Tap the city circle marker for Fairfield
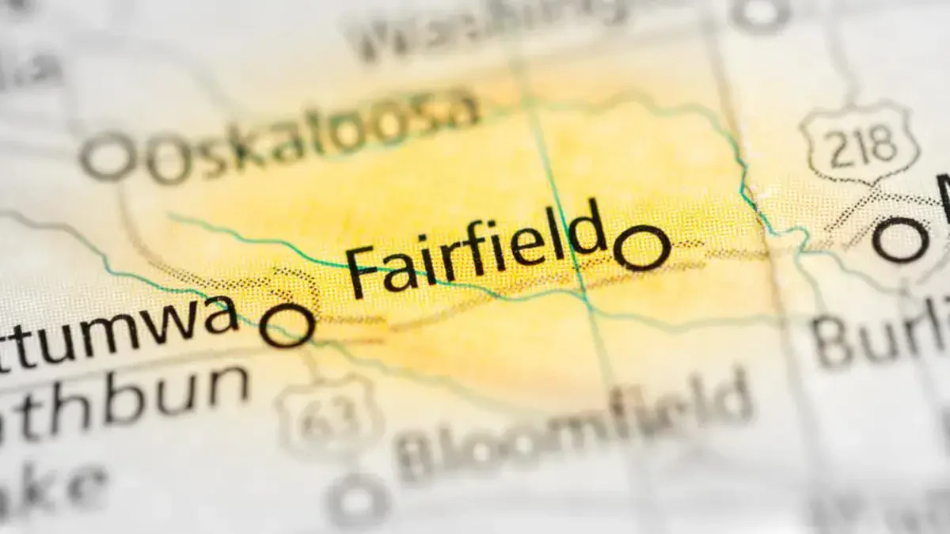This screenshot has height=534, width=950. (x=642, y=248)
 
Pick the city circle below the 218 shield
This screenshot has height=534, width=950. (x=900, y=240)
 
